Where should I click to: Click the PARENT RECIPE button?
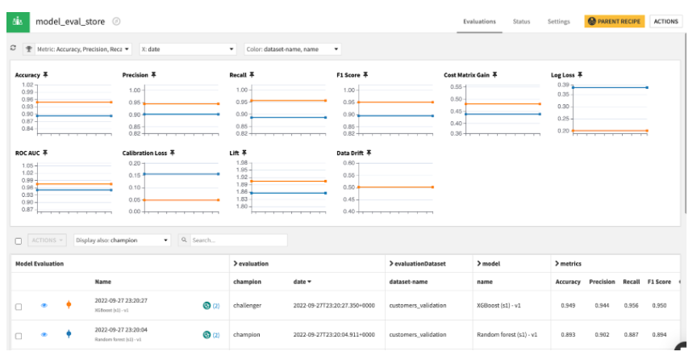[615, 22]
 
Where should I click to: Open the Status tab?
[521, 22]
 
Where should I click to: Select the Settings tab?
[558, 22]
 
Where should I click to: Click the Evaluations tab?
[479, 22]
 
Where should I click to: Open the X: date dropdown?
[186, 49]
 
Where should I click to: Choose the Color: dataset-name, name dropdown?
[292, 49]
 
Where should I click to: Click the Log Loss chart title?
[563, 75]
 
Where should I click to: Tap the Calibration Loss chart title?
[146, 152]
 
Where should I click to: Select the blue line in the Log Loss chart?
[610, 87]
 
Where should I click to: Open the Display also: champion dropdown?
[122, 240]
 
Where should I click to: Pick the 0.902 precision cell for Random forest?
[601, 334]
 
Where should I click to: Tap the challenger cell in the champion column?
[251, 305]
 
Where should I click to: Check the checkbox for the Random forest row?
[19, 334]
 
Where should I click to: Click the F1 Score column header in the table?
[658, 282]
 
